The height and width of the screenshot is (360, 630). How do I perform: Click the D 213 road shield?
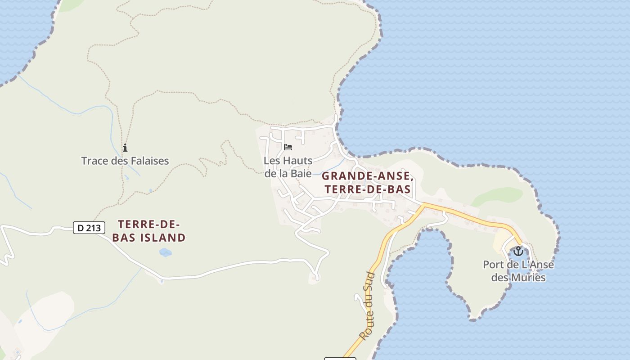(x=89, y=228)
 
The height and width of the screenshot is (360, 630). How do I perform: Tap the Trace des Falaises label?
(x=125, y=161)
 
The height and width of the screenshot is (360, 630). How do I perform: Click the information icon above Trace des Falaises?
(x=125, y=148)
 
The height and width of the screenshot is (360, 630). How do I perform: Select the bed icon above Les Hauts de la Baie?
(x=288, y=147)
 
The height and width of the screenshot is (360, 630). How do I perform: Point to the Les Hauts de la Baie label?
(x=288, y=167)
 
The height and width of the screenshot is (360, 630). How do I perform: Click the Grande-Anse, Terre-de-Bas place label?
(x=367, y=182)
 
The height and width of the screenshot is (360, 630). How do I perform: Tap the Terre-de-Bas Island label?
(x=149, y=231)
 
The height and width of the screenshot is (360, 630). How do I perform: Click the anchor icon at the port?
(x=518, y=251)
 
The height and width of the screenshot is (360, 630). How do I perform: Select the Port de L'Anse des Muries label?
(x=518, y=271)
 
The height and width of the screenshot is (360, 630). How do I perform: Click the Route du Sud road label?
(x=367, y=306)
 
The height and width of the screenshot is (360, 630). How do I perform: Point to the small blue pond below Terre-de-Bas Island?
(x=165, y=252)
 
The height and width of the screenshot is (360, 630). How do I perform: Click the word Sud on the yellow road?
(x=370, y=282)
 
